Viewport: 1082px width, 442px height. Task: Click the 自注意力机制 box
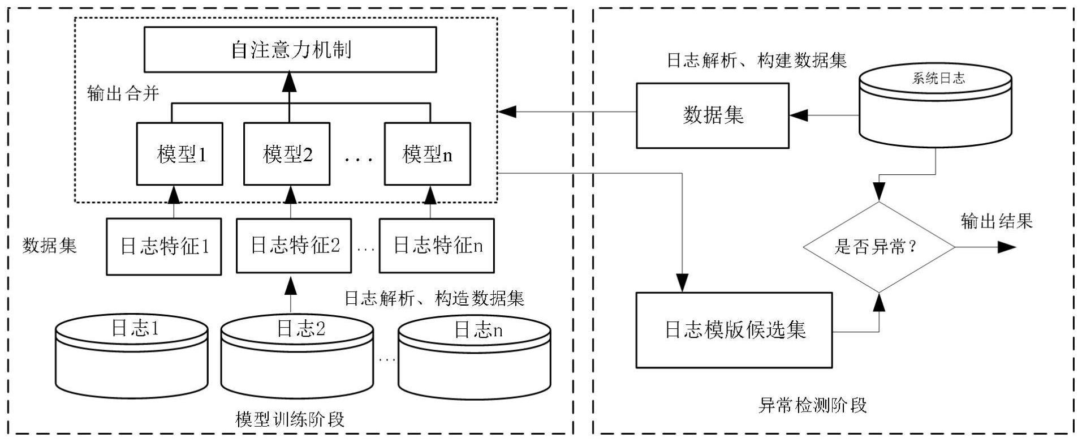[x=290, y=50]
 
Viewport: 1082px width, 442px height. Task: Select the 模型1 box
[x=179, y=154]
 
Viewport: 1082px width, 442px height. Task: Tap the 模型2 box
[x=287, y=154]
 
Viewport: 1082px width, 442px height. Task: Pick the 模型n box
[x=427, y=154]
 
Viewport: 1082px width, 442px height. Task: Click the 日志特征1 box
[x=164, y=247]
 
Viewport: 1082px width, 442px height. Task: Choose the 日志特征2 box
[x=294, y=246]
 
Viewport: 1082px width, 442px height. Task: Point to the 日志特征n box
[x=437, y=246]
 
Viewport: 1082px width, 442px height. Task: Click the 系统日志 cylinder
[x=935, y=108]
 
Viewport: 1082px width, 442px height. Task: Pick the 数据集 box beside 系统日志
[x=713, y=115]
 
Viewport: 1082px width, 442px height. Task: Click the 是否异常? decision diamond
[x=878, y=247]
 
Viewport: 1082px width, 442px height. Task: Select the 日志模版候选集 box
[x=734, y=330]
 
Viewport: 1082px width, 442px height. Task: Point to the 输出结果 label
[x=997, y=221]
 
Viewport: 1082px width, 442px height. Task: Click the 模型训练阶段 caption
[x=290, y=419]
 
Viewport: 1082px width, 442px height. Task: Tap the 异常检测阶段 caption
[x=812, y=405]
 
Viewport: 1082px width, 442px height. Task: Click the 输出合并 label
[x=123, y=93]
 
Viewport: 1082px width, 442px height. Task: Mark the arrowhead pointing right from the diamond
[x=1007, y=247]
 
